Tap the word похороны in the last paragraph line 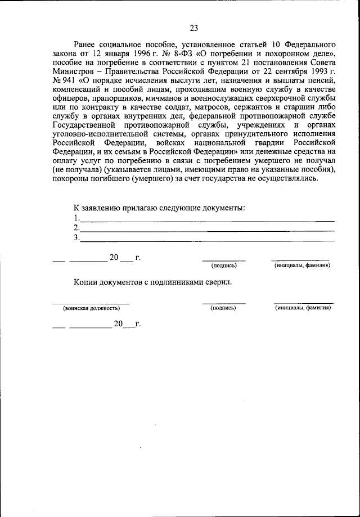pos(73,179)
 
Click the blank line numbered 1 pos(207,219)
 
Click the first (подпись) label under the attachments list pos(223,265)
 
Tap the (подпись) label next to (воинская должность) pos(223,309)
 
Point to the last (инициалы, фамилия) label pos(302,309)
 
